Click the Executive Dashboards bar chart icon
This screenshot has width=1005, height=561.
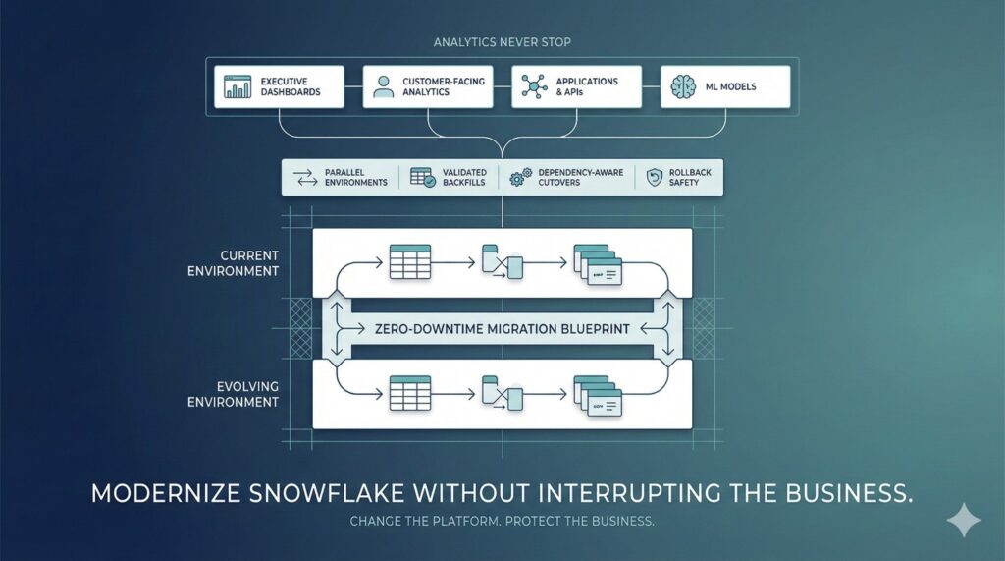[238, 86]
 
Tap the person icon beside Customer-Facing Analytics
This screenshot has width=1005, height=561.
[383, 86]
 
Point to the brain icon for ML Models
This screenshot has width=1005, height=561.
[683, 86]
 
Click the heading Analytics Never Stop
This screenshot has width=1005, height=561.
[502, 42]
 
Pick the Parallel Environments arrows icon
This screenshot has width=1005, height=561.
[303, 177]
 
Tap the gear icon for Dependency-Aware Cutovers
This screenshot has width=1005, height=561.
[520, 177]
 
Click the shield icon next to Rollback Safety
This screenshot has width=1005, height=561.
[655, 177]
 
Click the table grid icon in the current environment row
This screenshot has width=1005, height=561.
[410, 262]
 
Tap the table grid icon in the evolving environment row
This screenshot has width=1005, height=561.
[410, 393]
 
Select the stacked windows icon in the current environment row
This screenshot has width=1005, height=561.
[597, 264]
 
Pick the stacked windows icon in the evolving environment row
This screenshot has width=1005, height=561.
[597, 395]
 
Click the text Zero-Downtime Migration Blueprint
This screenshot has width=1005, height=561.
[502, 328]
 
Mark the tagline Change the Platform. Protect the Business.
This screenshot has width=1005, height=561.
[502, 521]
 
